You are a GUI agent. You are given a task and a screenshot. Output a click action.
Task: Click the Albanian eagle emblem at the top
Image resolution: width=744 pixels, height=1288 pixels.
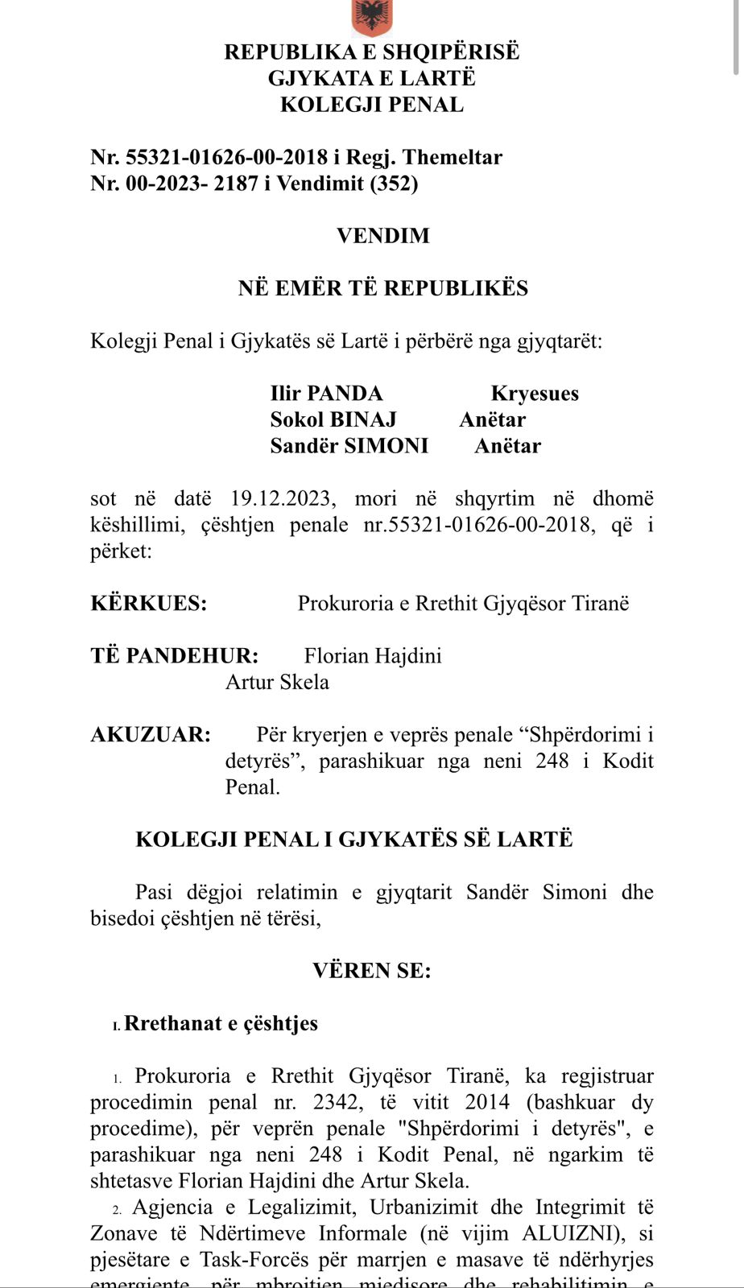click(x=372, y=16)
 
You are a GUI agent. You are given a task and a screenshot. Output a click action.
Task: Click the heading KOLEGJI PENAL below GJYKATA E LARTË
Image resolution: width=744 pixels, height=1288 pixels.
click(x=372, y=105)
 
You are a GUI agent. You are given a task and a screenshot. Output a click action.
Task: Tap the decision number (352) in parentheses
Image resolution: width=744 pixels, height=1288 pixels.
click(x=394, y=184)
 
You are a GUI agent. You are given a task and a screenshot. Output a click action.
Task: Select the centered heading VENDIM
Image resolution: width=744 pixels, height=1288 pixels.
click(x=383, y=236)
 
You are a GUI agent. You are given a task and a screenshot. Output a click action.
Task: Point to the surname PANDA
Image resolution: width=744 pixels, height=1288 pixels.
click(x=345, y=394)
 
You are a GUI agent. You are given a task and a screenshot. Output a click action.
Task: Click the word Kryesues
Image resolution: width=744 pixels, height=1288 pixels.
click(x=535, y=394)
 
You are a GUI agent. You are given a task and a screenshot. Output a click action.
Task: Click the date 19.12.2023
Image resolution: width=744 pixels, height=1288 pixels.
click(x=280, y=499)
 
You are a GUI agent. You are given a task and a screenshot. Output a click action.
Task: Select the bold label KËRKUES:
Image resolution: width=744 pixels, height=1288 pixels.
click(x=149, y=604)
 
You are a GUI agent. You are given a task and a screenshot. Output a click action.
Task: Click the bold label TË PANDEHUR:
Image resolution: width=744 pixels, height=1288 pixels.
click(x=175, y=656)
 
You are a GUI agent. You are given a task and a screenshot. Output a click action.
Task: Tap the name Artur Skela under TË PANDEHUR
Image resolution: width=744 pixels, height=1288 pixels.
click(x=277, y=683)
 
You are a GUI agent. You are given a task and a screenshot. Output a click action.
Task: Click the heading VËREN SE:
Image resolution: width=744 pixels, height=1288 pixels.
click(x=372, y=971)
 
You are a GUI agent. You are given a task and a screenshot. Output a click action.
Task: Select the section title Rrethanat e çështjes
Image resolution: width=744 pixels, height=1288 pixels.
click(x=221, y=1023)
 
